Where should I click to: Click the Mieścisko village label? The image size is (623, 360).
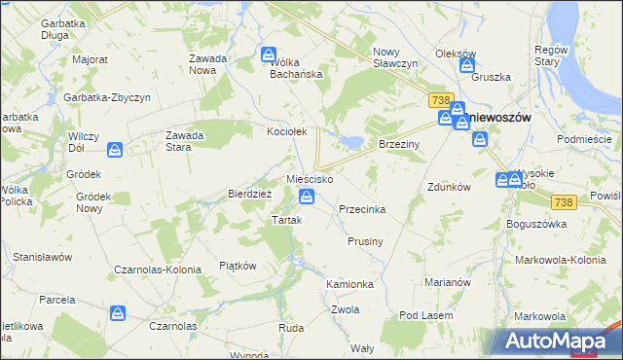310,180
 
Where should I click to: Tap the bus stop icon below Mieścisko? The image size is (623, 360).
307,198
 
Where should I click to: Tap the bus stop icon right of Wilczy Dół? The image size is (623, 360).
115,149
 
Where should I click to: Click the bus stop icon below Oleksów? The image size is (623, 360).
467,67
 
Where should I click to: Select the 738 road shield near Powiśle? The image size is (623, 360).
563,201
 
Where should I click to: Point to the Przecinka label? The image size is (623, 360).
362,209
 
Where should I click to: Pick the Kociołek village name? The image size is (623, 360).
287,130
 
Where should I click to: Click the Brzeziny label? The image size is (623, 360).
397,142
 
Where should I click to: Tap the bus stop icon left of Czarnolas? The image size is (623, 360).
118,312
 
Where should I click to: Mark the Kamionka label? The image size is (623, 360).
350,284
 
